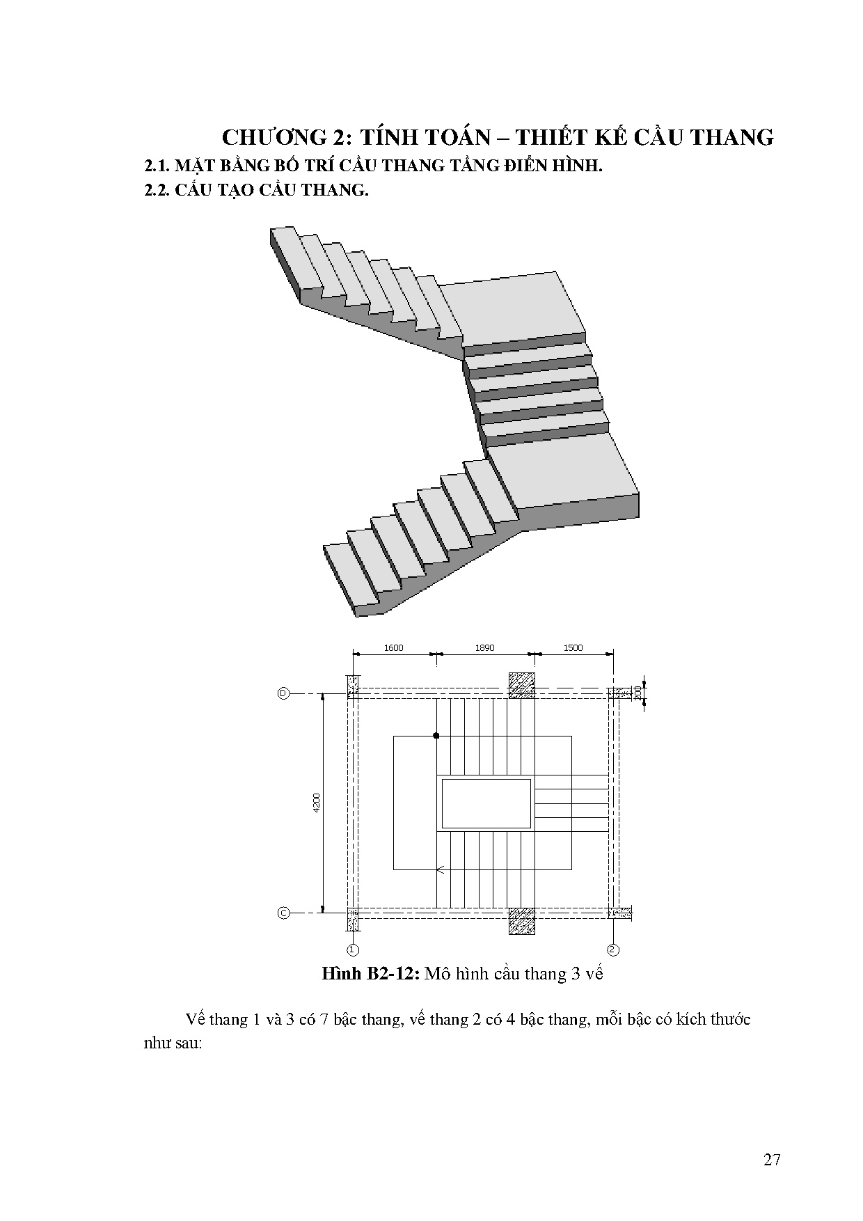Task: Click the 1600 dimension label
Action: (x=393, y=647)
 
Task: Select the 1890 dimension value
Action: (x=484, y=647)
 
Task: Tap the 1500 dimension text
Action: (x=573, y=647)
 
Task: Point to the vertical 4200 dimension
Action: (x=316, y=803)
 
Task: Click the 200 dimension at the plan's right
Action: (x=638, y=693)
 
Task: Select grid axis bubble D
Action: (x=283, y=693)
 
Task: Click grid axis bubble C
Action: (x=283, y=913)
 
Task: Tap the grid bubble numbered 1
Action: (x=353, y=950)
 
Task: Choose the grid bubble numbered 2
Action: (x=613, y=950)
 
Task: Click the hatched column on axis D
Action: (x=522, y=685)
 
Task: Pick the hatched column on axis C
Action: (x=522, y=920)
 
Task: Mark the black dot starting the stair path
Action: (x=436, y=736)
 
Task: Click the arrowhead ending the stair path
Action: (x=440, y=869)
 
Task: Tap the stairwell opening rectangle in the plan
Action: (x=486, y=803)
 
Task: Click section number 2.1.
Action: (x=156, y=167)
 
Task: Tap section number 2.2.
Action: (x=156, y=190)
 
